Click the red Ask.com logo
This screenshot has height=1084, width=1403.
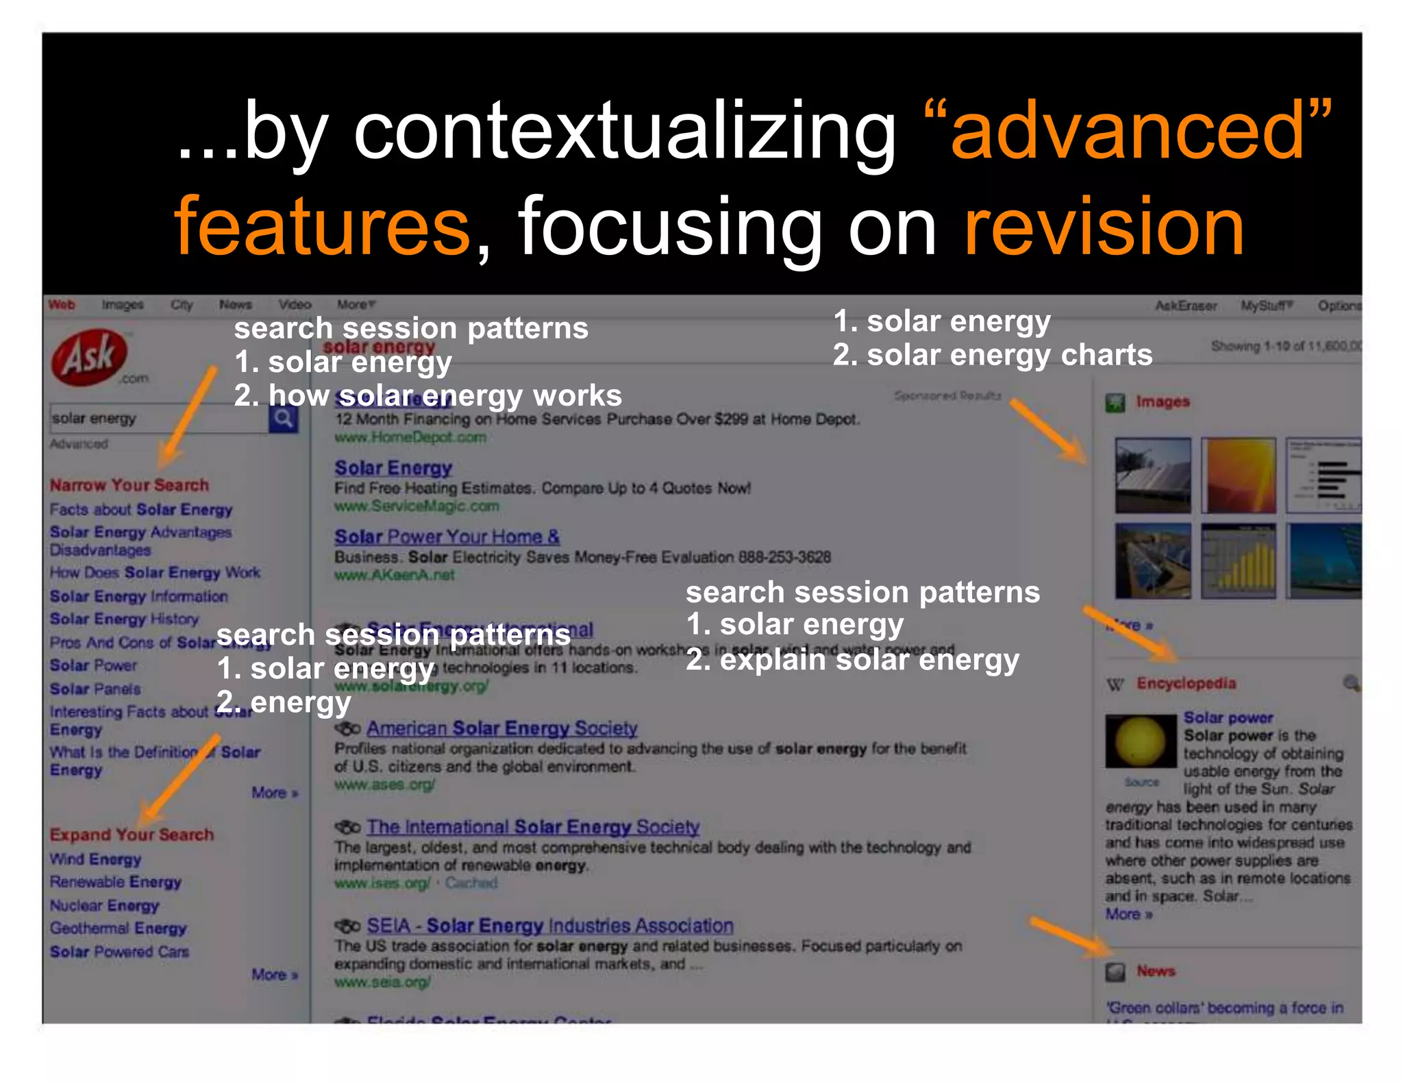coord(90,357)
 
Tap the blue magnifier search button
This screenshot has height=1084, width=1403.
coord(283,418)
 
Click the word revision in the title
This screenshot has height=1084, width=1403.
coord(1104,227)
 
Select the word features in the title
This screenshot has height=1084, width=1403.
coord(323,227)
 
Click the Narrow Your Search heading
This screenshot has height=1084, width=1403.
coord(129,485)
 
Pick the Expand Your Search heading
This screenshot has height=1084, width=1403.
coord(132,835)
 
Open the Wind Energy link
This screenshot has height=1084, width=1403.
coord(95,859)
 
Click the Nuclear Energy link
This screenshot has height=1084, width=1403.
coord(104,906)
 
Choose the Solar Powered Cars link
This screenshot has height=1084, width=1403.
coord(119,952)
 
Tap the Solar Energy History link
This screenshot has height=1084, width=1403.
coord(124,619)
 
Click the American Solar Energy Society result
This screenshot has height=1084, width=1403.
coord(501,728)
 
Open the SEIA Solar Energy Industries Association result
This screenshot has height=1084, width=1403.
coord(549,926)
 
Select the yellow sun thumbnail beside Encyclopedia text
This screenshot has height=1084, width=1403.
coord(1140,741)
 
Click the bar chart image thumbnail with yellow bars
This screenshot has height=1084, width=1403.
coord(1238,561)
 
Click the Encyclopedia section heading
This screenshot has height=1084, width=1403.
coord(1186,683)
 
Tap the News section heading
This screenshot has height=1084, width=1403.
coord(1156,971)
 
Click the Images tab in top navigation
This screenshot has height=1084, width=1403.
coord(123,305)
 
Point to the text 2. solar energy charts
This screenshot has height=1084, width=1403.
coord(992,355)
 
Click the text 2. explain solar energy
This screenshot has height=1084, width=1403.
coord(852,659)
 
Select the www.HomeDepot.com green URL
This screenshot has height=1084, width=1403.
coord(410,437)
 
